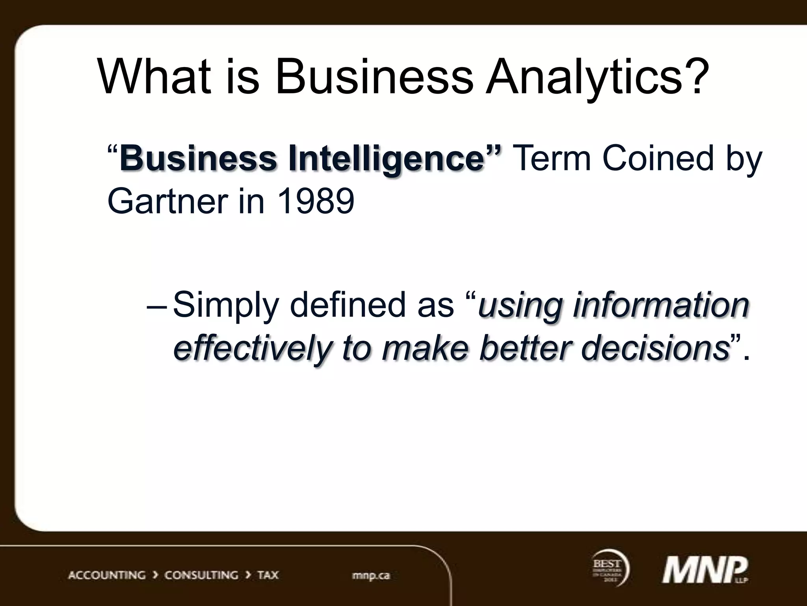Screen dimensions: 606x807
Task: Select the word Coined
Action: coord(658,159)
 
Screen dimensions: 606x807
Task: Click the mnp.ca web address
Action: coord(371,575)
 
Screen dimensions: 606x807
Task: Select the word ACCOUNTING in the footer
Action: coord(107,575)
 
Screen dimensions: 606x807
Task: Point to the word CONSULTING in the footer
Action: coord(201,575)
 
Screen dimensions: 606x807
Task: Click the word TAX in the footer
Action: coord(268,575)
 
